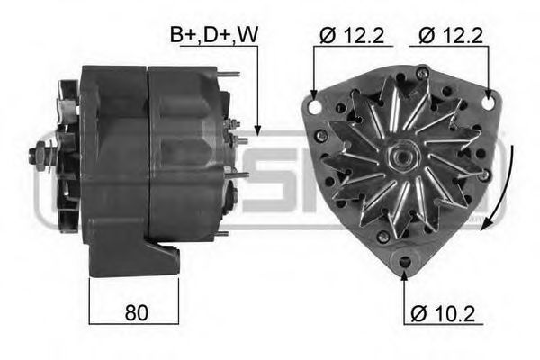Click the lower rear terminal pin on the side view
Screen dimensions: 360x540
pyautogui.click(x=241, y=173)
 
